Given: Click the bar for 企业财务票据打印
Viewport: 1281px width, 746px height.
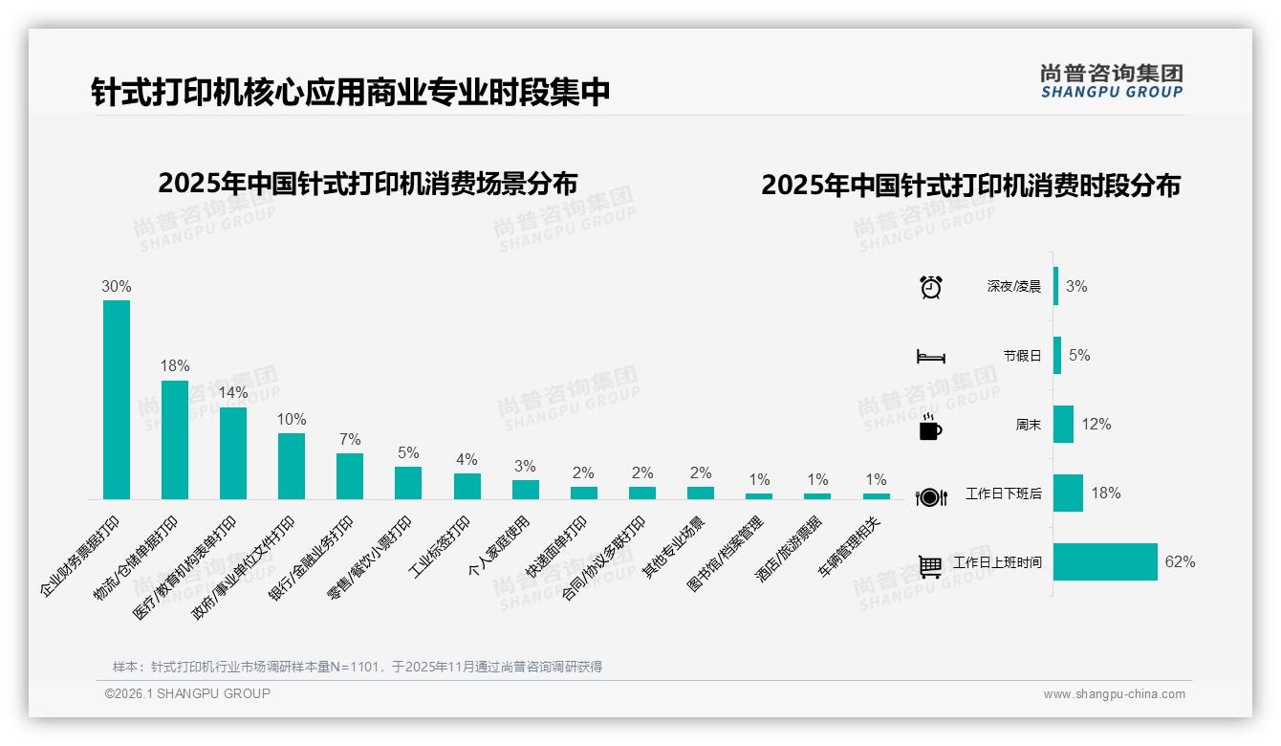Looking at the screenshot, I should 117,400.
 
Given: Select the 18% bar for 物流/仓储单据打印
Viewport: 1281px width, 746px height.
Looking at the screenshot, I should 175,440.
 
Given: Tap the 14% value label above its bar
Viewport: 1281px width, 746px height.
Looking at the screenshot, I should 233,393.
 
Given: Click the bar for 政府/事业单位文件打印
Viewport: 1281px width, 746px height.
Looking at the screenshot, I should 292,466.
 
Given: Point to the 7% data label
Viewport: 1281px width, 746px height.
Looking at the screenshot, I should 350,439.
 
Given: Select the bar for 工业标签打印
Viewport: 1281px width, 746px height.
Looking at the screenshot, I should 467,486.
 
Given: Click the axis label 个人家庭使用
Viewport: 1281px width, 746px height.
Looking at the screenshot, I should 498,543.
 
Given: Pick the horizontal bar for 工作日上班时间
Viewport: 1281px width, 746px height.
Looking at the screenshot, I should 1105,562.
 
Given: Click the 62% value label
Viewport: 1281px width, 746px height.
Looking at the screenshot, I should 1180,562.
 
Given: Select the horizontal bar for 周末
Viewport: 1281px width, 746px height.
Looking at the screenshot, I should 1063,425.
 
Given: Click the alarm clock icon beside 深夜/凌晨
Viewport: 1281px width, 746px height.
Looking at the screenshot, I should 930,287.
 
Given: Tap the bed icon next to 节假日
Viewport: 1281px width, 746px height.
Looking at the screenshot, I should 930,357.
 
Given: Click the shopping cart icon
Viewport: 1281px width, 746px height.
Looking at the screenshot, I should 930,566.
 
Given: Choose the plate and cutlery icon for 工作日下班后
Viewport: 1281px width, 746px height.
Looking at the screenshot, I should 930,496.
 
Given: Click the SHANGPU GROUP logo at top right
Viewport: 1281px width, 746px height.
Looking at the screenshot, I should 1111,80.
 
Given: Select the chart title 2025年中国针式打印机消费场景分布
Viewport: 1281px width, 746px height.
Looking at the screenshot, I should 368,183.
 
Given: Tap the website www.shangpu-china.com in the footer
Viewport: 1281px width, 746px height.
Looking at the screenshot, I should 1114,694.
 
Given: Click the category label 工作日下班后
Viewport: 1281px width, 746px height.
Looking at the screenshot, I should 1003,494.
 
